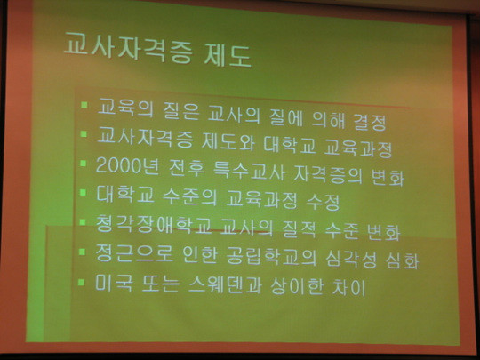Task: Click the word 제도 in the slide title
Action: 228,55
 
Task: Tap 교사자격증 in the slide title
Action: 128,49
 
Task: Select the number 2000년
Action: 127,166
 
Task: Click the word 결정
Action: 370,122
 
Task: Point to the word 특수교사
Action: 249,172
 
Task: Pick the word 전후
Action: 187,169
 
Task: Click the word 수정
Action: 323,202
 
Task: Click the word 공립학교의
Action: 271,257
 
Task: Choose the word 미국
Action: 114,283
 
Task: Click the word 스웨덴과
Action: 225,284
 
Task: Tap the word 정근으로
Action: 134,253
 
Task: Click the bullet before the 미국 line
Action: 81,282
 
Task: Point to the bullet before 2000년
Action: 83,164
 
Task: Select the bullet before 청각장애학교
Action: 82,222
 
